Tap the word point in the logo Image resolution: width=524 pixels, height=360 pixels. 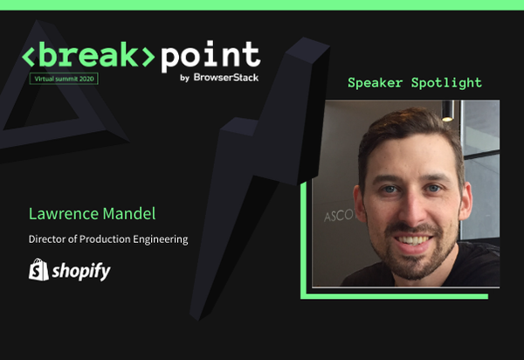coord(210,56)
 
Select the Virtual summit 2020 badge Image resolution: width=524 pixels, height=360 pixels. coord(64,79)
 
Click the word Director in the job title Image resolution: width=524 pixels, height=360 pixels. coord(48,239)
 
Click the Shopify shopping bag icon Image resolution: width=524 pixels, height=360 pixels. coord(38,270)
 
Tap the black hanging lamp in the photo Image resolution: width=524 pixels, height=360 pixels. coord(447,112)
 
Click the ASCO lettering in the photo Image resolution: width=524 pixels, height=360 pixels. coord(335,212)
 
